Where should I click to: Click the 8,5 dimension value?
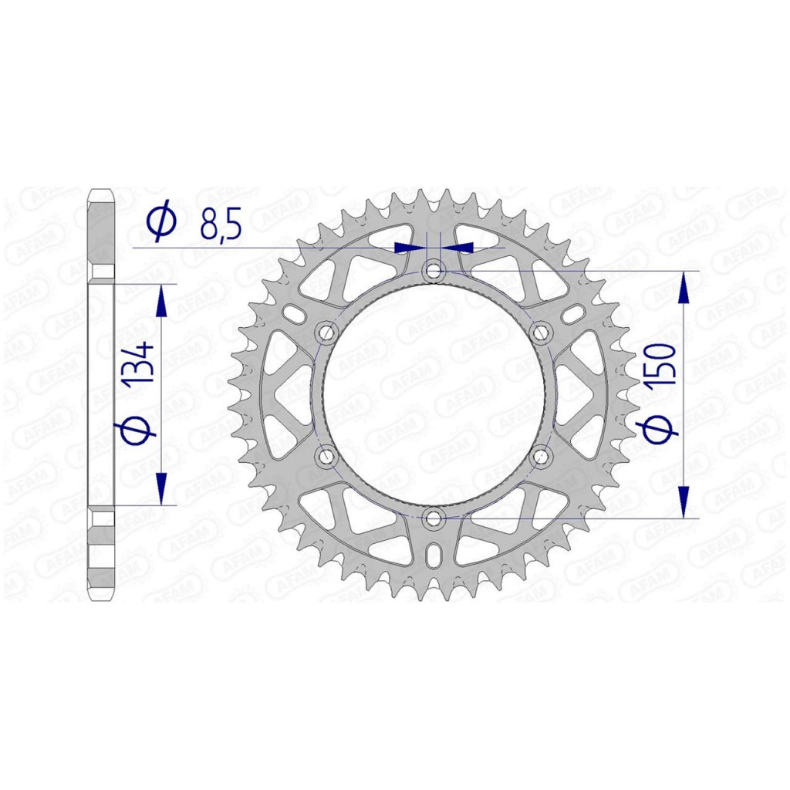(x=221, y=226)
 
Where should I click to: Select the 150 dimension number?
(x=660, y=365)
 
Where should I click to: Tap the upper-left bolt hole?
(x=326, y=333)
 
